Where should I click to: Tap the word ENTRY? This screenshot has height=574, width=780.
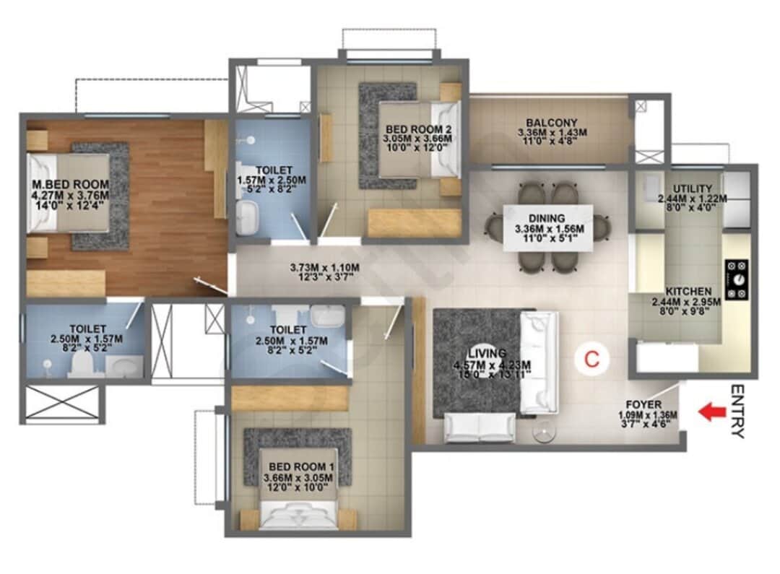pos(737,412)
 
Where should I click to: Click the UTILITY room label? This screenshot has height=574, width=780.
pos(692,189)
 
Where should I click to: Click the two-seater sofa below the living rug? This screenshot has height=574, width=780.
pos(479,427)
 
